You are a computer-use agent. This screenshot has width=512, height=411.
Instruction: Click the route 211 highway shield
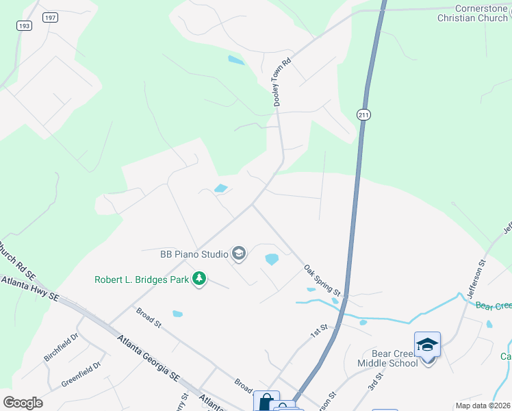[x=363, y=115]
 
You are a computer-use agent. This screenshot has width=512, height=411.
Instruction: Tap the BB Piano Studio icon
[x=239, y=255]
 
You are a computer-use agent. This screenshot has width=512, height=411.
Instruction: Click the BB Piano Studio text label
[x=194, y=255]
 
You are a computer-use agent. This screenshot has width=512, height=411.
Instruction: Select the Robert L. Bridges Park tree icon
[x=199, y=279]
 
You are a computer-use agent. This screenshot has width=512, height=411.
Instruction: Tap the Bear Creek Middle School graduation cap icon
[x=427, y=345]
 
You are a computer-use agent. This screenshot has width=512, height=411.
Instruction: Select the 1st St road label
[x=319, y=332]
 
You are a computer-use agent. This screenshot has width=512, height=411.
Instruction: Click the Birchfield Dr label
[x=62, y=348]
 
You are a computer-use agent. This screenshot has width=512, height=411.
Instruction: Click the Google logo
[x=23, y=403]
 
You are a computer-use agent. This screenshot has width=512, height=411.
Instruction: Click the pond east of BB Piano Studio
[x=272, y=259]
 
